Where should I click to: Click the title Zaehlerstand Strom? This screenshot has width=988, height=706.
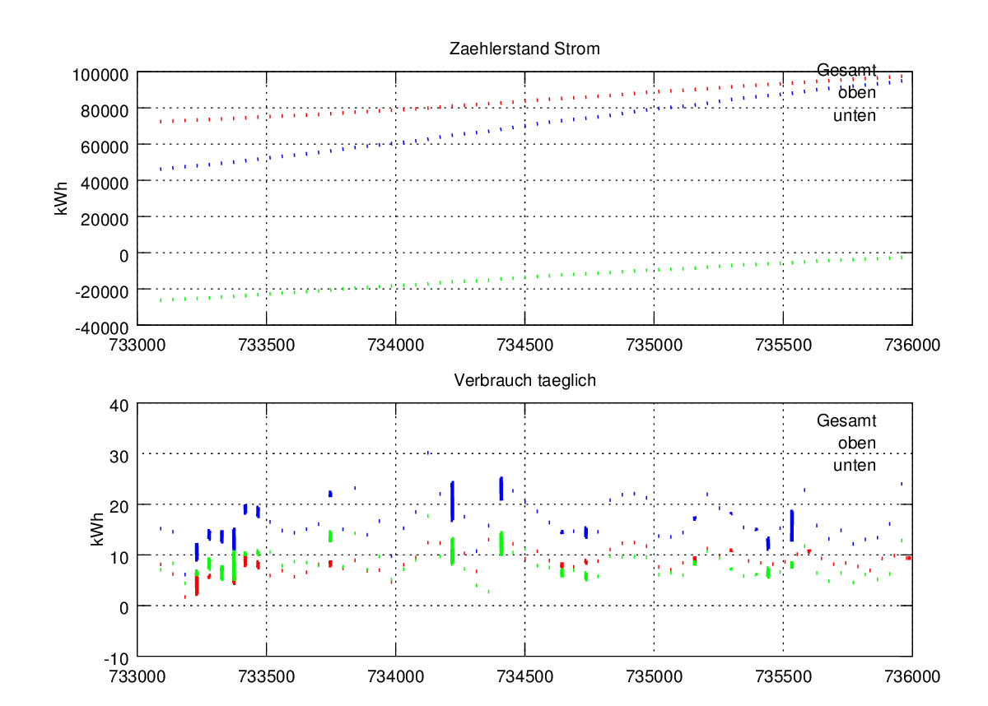click(524, 49)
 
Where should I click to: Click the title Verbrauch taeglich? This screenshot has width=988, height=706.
click(524, 381)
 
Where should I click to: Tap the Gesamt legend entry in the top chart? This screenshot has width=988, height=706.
click(846, 70)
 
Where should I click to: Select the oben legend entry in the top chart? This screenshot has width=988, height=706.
click(856, 92)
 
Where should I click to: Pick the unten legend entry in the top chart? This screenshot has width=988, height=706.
click(855, 115)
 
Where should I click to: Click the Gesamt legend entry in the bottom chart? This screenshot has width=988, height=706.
click(846, 420)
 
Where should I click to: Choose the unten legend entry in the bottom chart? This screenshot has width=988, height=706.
click(855, 465)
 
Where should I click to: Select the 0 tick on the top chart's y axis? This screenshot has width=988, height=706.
click(123, 254)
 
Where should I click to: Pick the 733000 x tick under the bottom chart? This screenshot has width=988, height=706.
click(137, 672)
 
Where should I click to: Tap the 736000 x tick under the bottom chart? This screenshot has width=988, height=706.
click(911, 672)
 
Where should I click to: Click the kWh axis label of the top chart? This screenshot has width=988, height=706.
click(62, 199)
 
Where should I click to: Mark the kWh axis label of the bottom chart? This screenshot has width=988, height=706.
click(98, 530)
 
